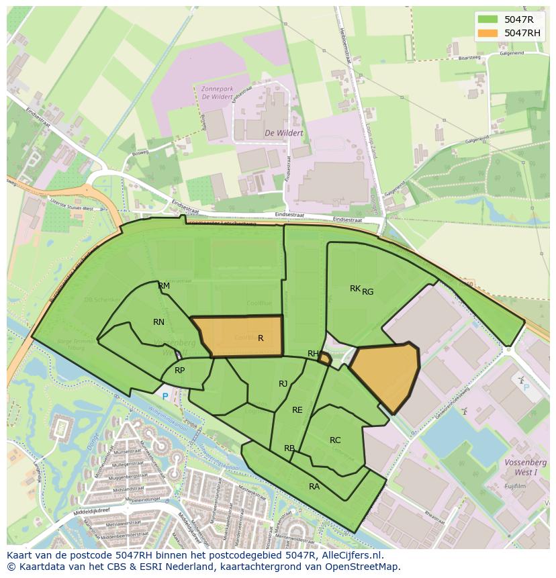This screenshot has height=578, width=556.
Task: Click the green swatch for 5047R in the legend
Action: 488,19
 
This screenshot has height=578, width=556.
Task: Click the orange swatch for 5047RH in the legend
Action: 488,33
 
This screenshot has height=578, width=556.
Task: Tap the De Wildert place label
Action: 283,133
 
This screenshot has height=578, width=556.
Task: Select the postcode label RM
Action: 164,286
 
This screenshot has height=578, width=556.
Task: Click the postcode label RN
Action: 158,322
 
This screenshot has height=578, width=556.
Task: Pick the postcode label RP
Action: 179,371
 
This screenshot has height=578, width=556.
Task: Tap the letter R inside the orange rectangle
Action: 261,338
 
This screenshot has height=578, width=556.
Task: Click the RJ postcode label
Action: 283,384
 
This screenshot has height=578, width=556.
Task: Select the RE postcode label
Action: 297,410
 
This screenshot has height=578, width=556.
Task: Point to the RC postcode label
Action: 335,440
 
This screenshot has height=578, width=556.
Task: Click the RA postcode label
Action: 314,487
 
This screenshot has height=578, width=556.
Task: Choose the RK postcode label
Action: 355,289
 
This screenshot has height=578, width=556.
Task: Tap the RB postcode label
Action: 289,448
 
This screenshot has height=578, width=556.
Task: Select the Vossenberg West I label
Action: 526,467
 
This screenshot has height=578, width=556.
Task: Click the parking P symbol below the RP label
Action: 165,397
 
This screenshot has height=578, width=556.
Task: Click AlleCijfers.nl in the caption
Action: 349,555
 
